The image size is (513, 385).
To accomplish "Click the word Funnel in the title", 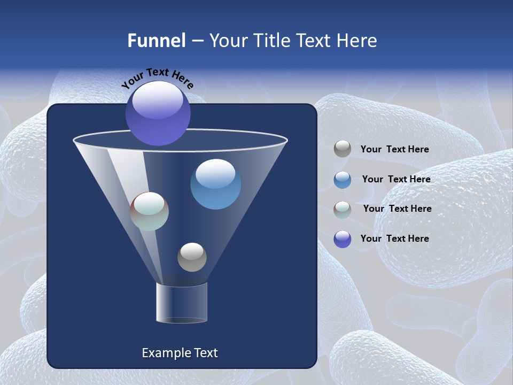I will [x=156, y=41].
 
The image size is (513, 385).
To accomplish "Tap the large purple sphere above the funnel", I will [x=158, y=113].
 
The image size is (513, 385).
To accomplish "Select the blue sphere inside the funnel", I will [x=215, y=184].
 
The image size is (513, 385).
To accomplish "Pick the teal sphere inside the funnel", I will [x=150, y=211].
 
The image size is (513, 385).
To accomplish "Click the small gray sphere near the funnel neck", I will [x=192, y=257].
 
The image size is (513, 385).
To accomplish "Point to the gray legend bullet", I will [x=343, y=149].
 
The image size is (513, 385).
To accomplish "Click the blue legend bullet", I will [x=343, y=180].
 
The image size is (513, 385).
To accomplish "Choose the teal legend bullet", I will [x=343, y=209].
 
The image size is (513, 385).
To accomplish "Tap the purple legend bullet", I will [x=343, y=239].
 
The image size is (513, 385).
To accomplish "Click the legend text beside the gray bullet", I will [x=394, y=150].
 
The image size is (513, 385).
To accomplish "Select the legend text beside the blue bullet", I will [x=396, y=180].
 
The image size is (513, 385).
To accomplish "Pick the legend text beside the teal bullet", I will [x=397, y=209].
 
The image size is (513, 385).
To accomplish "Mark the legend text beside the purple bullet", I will [x=394, y=238].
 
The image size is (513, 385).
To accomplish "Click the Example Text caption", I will [x=180, y=353].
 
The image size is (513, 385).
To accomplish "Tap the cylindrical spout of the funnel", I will [x=182, y=303].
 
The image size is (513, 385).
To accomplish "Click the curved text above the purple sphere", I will [x=158, y=78].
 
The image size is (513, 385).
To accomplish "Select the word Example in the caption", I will [x=165, y=353].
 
